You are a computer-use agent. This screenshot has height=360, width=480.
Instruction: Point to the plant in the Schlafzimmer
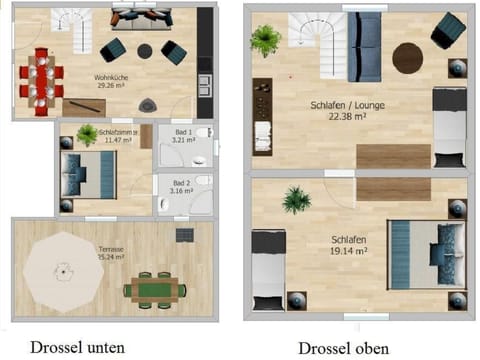[87, 134]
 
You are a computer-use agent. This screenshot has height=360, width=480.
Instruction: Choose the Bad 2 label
[181, 183]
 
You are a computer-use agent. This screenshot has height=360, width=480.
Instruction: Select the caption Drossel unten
[77, 347]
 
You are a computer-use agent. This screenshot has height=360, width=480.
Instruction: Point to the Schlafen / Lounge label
[347, 104]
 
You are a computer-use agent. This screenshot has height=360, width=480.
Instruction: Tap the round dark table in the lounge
[407, 58]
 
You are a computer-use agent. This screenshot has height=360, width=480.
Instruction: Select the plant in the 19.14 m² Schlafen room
[296, 200]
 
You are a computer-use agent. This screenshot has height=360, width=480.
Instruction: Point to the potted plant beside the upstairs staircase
[266, 39]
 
